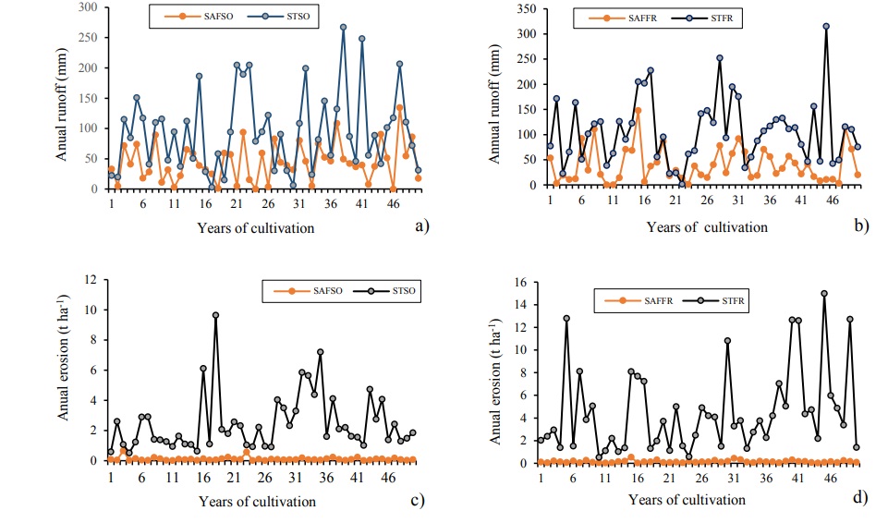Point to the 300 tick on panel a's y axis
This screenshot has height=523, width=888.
coord(91,7)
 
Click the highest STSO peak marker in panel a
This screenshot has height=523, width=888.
coord(343,28)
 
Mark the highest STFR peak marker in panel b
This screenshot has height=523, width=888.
coord(826,27)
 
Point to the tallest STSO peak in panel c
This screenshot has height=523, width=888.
coord(215,315)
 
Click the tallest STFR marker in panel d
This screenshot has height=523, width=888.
coord(824,294)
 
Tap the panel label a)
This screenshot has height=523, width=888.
coord(422,225)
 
